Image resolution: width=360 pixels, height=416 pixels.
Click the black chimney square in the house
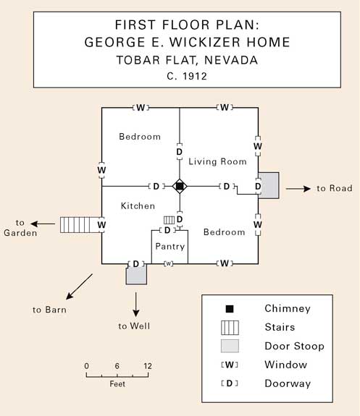180,186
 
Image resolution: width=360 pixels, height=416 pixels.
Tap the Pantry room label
170,247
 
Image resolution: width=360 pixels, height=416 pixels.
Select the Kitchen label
138,206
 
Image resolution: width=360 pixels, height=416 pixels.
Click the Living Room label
217,161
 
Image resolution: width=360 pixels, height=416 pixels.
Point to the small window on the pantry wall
169,264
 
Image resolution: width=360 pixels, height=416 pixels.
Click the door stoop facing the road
269,185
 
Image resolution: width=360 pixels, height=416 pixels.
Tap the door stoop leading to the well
136,274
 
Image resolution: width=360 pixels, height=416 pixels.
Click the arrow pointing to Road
298,189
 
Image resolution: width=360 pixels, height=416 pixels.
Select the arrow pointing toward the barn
79,286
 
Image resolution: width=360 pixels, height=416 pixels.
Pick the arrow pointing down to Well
136,305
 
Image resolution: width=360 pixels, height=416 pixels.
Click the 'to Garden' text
20,228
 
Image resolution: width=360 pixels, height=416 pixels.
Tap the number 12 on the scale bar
148,366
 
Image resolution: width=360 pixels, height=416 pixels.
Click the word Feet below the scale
117,384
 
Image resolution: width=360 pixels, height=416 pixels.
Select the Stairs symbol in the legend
230,328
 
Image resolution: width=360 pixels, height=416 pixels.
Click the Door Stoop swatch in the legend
230,346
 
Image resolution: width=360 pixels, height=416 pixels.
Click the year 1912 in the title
194,77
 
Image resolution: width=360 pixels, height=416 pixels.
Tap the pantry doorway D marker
167,230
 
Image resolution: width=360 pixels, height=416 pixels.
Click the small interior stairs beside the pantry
169,220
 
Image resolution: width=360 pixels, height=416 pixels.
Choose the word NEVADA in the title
231,60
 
